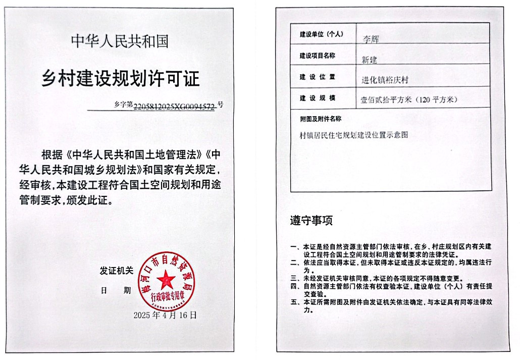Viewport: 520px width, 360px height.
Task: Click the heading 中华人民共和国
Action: [120, 41]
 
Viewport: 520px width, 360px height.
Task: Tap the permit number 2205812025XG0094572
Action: [174, 106]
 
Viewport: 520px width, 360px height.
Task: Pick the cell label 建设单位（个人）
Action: [322, 34]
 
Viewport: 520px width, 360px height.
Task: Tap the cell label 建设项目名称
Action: [318, 56]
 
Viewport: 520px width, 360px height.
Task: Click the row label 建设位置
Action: [318, 77]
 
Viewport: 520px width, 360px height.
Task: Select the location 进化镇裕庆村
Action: [385, 80]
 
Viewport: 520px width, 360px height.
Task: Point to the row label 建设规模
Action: [318, 98]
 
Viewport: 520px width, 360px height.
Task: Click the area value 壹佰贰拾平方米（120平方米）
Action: [409, 99]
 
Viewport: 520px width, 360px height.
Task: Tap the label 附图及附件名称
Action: [321, 119]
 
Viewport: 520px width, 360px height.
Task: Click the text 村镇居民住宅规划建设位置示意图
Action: [354, 135]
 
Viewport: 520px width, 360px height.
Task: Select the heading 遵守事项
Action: [311, 221]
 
